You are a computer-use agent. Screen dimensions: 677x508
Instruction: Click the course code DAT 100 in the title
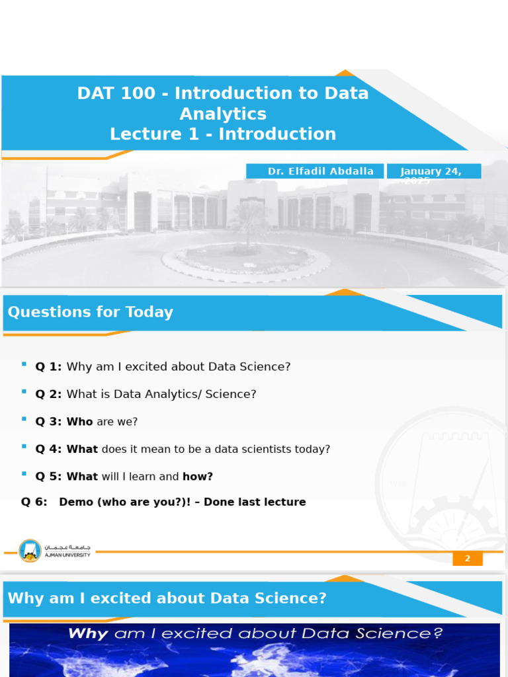(116, 93)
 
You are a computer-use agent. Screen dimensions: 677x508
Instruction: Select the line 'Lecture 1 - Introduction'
(223, 134)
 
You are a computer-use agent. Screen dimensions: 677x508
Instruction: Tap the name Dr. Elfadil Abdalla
(320, 171)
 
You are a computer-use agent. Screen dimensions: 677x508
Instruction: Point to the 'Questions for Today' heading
(90, 312)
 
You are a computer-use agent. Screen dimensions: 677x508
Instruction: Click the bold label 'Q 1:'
(48, 367)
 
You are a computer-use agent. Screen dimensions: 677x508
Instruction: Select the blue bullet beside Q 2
(24, 391)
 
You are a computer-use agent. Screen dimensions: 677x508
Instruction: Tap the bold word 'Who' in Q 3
(79, 422)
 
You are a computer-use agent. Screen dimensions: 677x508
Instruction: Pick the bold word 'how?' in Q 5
(198, 477)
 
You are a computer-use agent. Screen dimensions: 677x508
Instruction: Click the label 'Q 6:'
(34, 502)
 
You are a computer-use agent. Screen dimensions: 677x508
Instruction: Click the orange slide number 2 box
(467, 559)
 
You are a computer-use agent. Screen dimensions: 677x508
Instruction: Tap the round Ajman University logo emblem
(30, 551)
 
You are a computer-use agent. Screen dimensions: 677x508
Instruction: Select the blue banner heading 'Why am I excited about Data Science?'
(167, 598)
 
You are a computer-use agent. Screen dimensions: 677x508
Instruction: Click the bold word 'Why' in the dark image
(88, 633)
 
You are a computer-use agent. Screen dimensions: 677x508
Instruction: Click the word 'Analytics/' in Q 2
(169, 394)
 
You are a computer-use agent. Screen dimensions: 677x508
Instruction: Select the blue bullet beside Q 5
(24, 474)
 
